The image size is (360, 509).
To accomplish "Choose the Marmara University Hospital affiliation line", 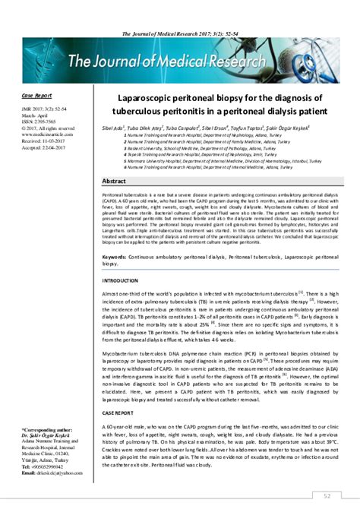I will click(x=206, y=162).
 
